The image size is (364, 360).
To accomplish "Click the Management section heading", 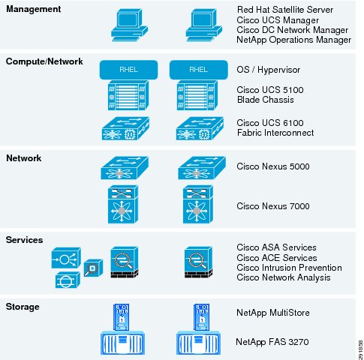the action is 33,9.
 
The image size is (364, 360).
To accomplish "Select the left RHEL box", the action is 128,70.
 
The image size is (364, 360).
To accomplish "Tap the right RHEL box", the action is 199,70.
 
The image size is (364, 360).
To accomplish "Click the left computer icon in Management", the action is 129,25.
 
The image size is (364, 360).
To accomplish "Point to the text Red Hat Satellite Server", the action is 285,10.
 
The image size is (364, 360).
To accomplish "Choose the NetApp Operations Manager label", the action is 294,40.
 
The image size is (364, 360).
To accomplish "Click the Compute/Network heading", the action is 44,61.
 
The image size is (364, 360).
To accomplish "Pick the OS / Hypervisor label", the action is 269,70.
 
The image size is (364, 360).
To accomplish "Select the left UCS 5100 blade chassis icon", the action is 128,95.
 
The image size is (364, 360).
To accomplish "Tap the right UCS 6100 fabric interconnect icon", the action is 200,128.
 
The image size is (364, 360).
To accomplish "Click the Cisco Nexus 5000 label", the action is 273,166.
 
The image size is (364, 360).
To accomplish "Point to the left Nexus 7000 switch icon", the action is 123,204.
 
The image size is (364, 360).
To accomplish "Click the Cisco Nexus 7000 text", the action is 273,206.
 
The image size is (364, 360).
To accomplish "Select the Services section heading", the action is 24,240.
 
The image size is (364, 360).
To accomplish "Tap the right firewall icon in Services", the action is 198,262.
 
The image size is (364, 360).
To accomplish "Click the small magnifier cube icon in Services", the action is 93,268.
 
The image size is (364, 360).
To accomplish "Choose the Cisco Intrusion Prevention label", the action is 289,268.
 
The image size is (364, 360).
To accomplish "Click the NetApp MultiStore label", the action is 273,313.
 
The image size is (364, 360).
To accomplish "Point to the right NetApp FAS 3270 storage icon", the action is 198,343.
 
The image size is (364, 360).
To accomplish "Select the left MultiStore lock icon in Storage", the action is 122,317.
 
